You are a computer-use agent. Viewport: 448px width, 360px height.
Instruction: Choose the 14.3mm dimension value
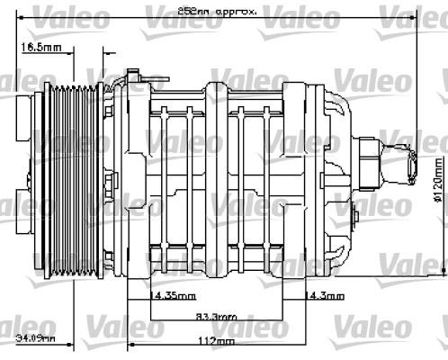pos(325,295)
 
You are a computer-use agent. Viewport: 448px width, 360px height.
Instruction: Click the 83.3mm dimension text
pos(216,317)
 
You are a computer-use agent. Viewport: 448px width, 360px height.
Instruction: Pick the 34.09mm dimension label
pos(35,338)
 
